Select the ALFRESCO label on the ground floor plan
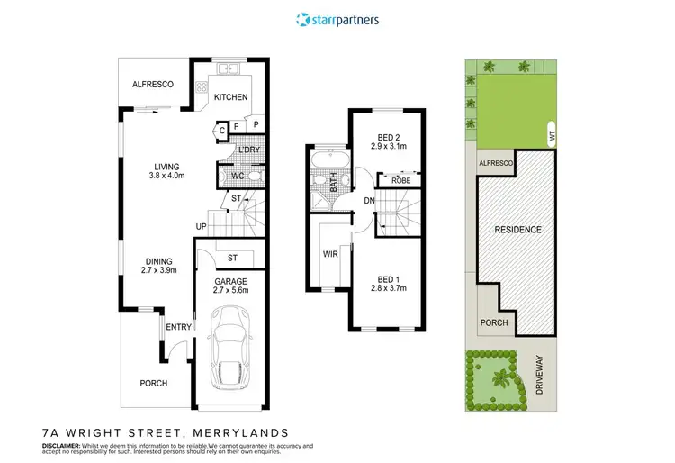point(153,84)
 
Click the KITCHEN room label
point(230,97)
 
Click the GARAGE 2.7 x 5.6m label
point(231,286)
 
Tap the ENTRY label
point(178,327)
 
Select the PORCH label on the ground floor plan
point(153,383)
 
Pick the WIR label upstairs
point(330,255)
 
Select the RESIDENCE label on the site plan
point(518,230)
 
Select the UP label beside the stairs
point(202,225)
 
